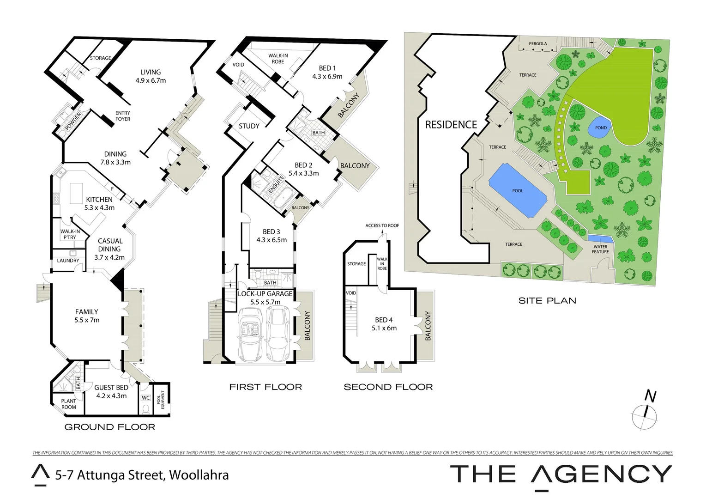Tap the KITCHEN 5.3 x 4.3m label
(99, 203)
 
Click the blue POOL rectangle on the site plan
(518, 190)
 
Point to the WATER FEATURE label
(600, 249)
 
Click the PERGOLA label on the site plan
(538, 44)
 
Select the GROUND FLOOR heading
(109, 427)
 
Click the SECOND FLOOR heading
(388, 387)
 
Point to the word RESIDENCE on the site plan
(451, 124)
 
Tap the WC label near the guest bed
(145, 398)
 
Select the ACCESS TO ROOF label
(382, 225)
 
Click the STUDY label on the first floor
(249, 126)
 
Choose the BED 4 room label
(384, 324)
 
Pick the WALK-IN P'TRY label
(70, 234)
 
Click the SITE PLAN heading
(547, 301)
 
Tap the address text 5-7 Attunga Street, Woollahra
(142, 475)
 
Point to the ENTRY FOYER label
(123, 116)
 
